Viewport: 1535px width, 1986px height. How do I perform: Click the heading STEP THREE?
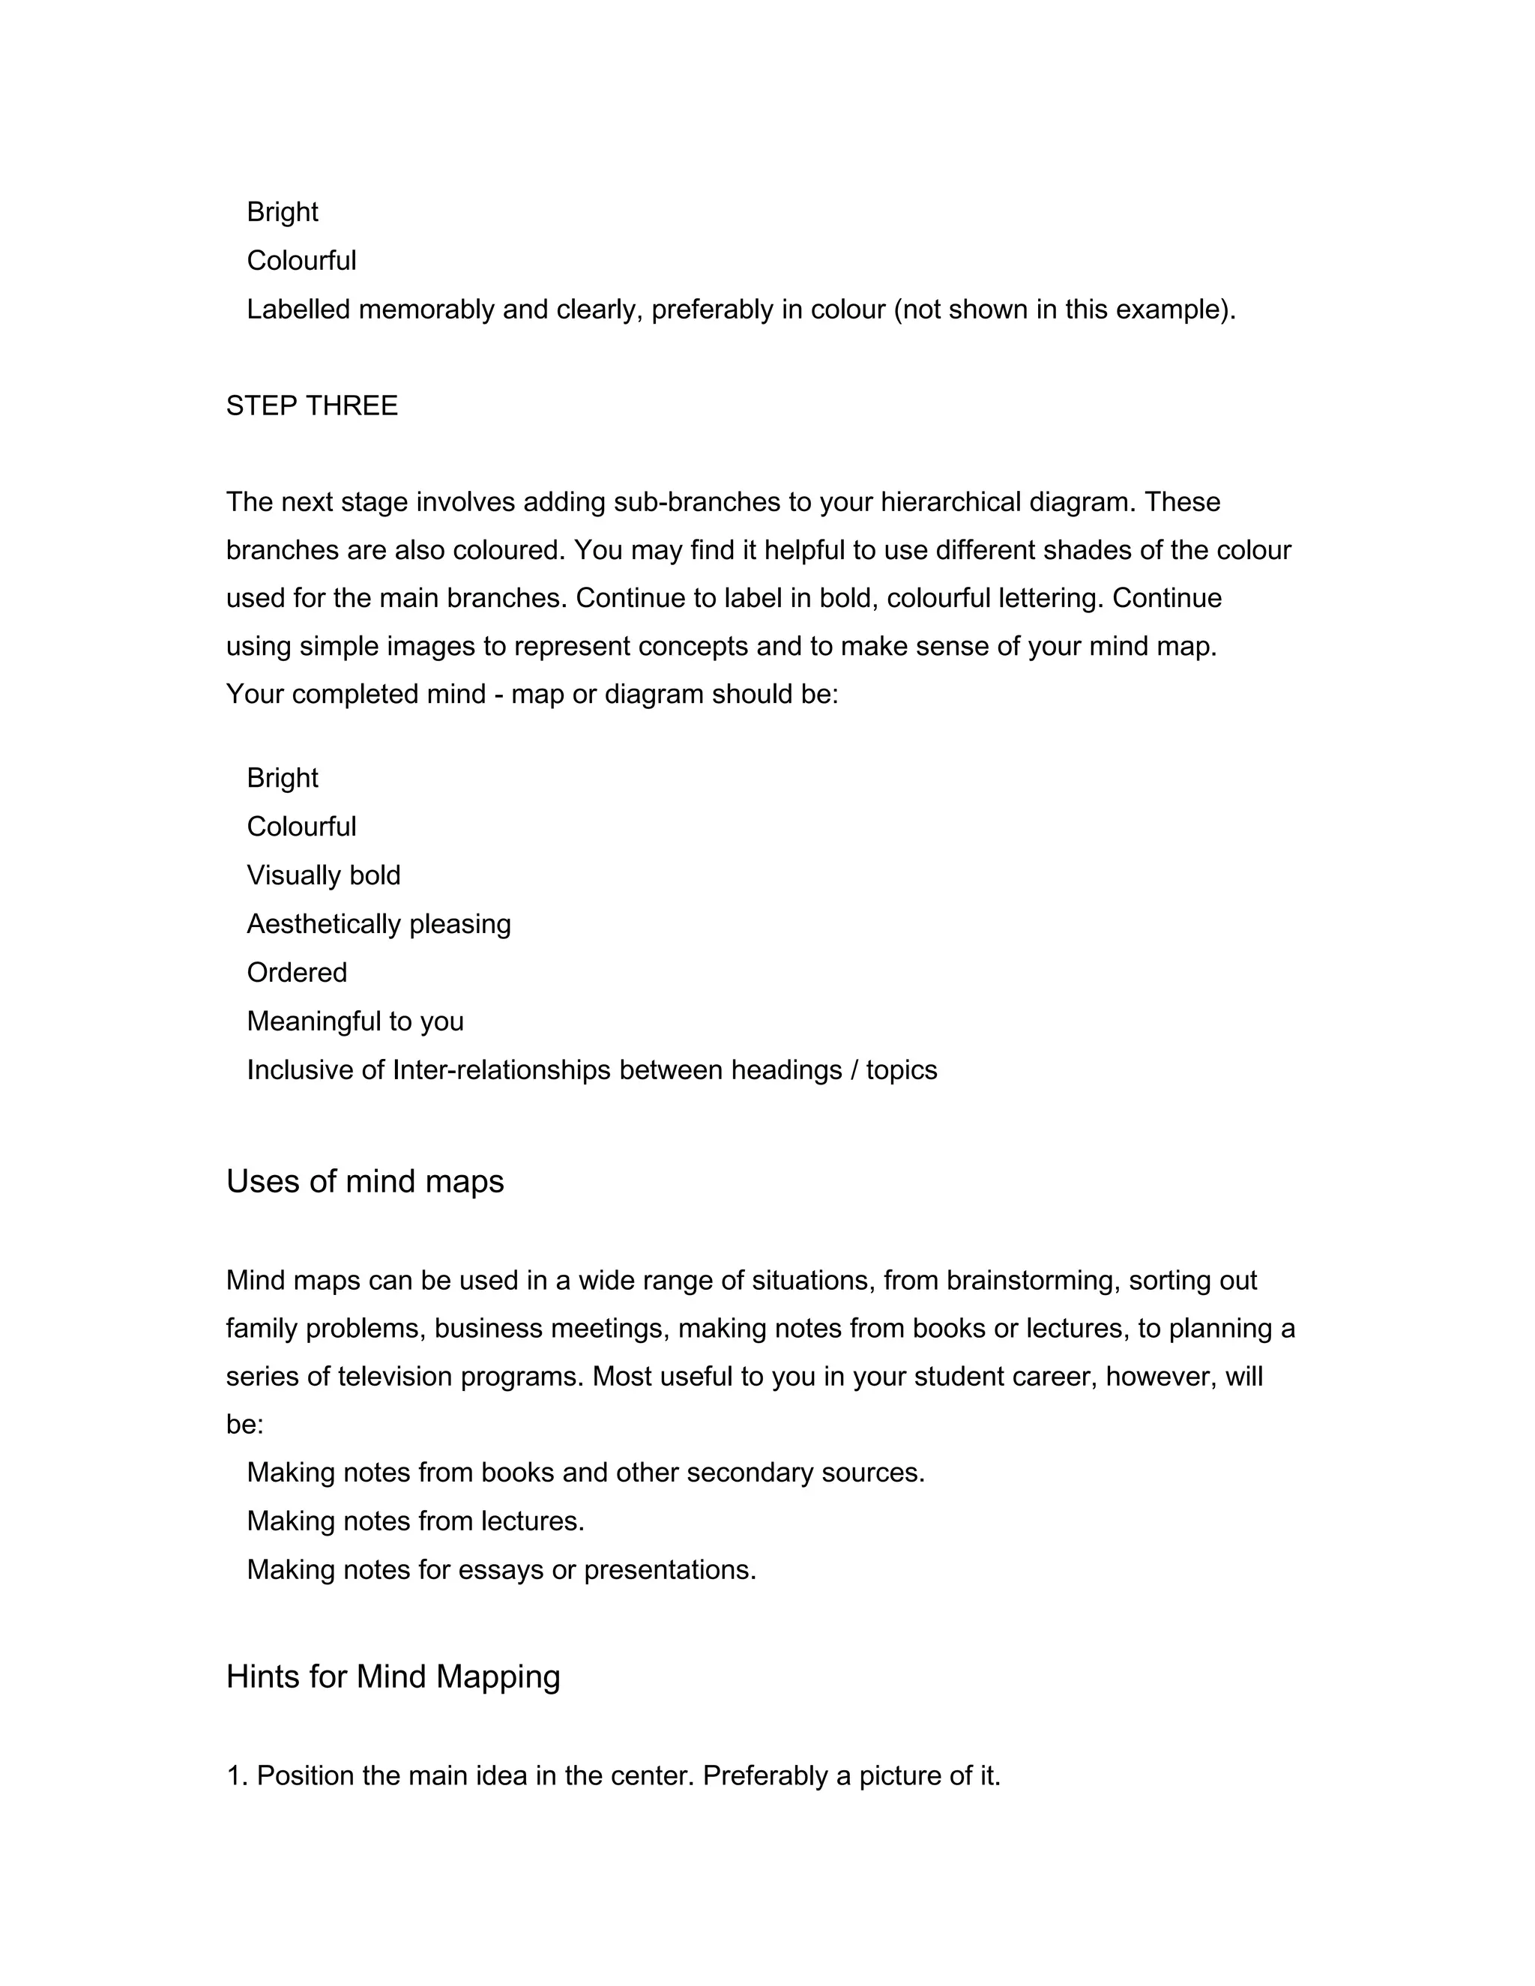(x=311, y=405)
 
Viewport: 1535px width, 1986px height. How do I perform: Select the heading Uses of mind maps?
(x=365, y=1181)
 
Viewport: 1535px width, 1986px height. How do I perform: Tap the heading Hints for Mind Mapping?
(x=393, y=1676)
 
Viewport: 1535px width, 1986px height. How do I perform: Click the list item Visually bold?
(x=323, y=875)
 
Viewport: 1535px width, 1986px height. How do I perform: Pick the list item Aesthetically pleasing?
(x=379, y=924)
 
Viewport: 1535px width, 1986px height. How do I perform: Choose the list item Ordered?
(x=297, y=973)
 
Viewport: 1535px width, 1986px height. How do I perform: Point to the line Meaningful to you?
(x=355, y=1021)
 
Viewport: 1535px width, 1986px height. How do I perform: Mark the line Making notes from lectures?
(x=414, y=1521)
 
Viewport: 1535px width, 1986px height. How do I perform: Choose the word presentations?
(x=669, y=1569)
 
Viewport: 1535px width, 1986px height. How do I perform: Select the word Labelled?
(x=298, y=310)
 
